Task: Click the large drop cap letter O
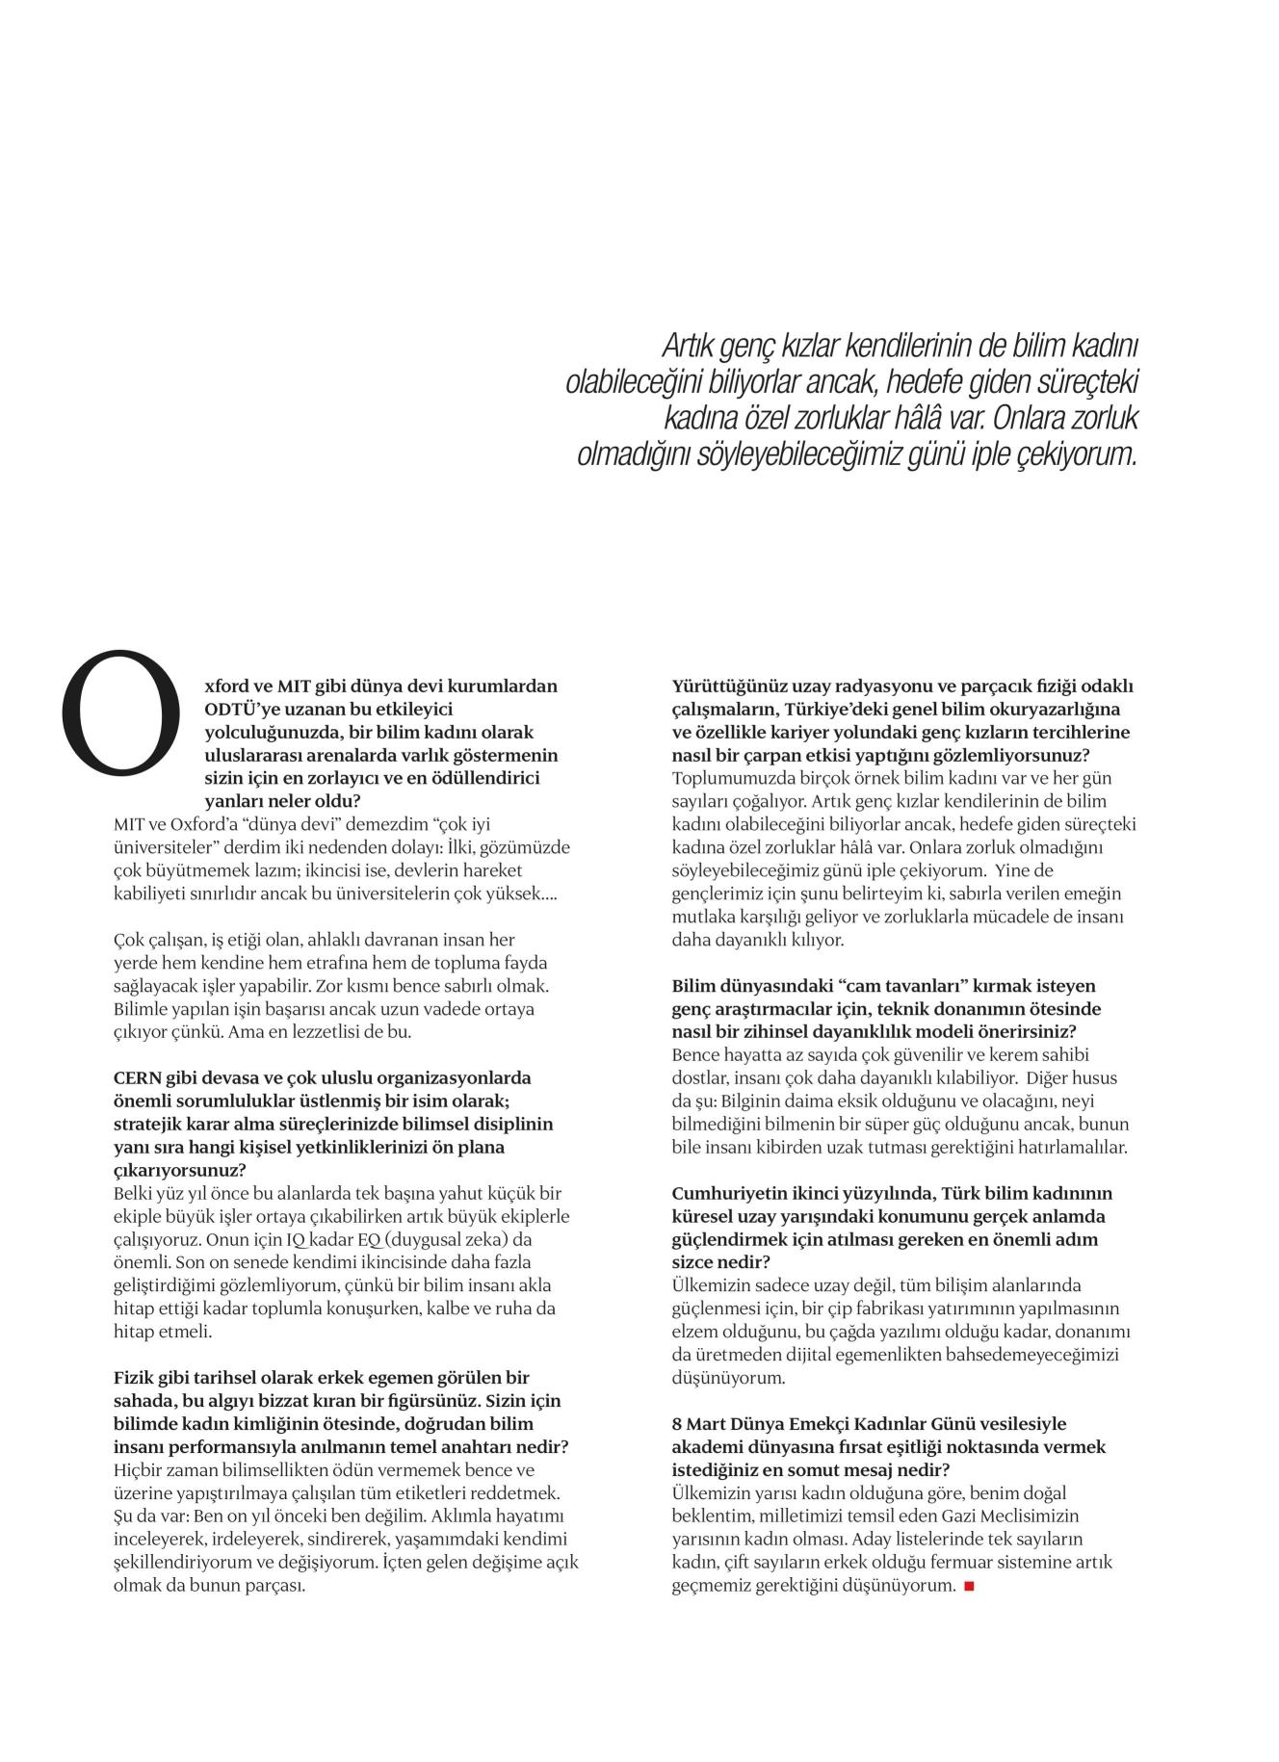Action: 120,713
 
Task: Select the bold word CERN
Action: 138,1077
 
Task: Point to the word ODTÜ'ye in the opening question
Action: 243,710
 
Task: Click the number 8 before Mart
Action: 677,1423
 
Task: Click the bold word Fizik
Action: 134,1378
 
